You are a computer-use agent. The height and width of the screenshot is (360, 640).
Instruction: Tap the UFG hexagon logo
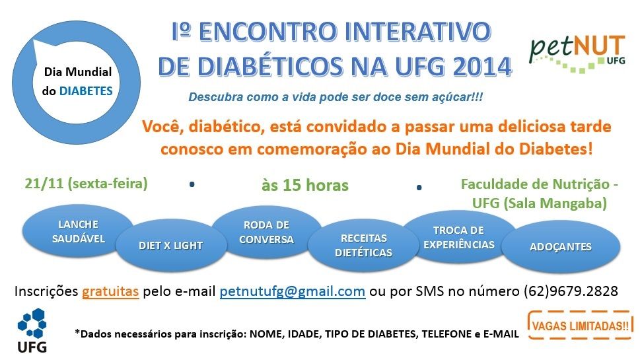click(x=32, y=330)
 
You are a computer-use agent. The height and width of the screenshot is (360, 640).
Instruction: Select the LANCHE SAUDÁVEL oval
click(x=77, y=231)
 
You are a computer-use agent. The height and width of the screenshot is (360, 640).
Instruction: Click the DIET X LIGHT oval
click(x=171, y=245)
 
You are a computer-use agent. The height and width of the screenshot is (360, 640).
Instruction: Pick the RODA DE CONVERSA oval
click(x=267, y=233)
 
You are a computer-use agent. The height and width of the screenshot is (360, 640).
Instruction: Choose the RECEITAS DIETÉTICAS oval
click(x=363, y=245)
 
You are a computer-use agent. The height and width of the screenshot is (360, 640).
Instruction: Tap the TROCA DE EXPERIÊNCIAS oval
click(x=459, y=237)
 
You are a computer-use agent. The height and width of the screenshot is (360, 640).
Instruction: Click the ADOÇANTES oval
click(x=560, y=246)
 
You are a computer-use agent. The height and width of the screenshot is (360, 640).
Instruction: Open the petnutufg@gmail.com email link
click(x=292, y=291)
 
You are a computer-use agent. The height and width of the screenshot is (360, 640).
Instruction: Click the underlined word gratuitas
click(x=110, y=291)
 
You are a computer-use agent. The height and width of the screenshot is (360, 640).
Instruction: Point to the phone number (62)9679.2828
click(x=571, y=291)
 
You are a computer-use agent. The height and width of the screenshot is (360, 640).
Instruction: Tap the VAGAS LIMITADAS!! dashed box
click(x=580, y=325)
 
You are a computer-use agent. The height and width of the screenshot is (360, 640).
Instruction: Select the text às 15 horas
click(x=305, y=186)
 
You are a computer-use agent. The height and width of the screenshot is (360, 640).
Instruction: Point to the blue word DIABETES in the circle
click(x=86, y=90)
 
